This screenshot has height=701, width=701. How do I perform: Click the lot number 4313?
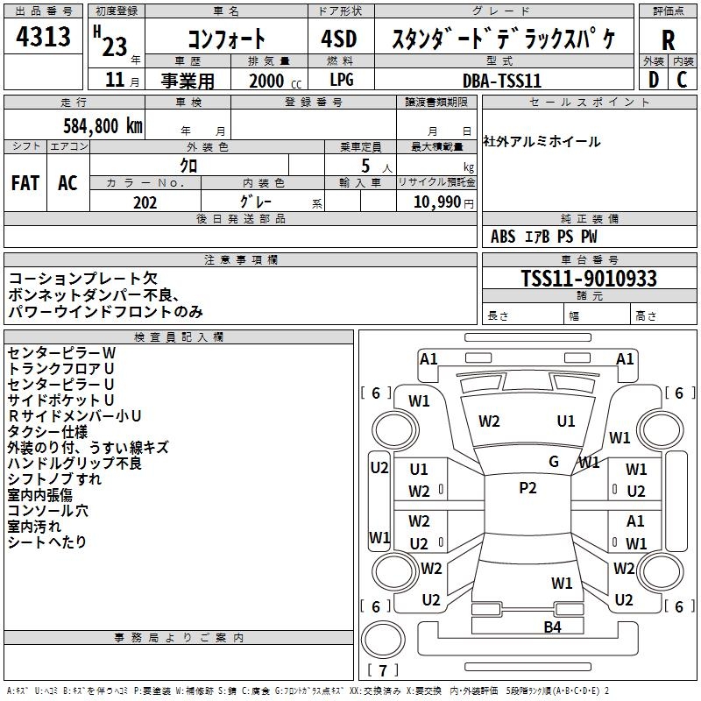point(44,39)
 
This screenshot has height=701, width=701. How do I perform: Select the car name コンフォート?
point(226,39)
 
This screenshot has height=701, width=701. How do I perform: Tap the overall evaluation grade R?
point(668,39)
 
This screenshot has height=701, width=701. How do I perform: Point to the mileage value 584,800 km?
point(103,125)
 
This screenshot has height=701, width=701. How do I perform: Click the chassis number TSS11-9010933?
point(588,279)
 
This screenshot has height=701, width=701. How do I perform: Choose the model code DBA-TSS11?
point(502,81)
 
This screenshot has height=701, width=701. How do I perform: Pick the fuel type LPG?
point(342,81)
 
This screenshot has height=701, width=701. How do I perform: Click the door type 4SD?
point(341,39)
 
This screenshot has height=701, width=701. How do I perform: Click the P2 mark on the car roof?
point(528,488)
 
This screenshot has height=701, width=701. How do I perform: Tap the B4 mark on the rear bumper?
point(552,627)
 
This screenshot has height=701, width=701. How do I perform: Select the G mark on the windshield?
point(554,461)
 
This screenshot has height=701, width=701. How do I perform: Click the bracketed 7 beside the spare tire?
point(382,670)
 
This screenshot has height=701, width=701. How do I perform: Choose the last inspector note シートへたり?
point(47,542)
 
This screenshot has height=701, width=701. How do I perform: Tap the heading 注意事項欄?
point(240,260)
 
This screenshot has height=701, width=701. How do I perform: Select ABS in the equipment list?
point(503,237)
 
